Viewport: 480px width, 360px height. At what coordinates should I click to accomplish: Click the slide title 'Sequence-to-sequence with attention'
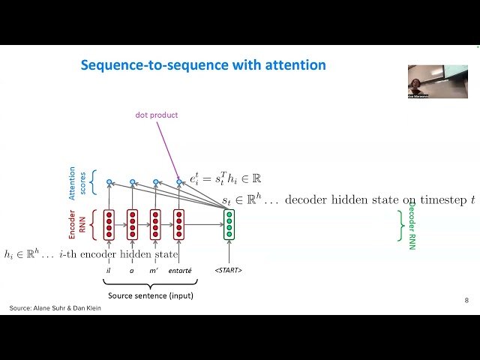[203, 65]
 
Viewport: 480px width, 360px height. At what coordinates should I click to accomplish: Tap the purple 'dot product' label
[157, 115]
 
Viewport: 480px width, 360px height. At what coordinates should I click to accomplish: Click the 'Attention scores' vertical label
[77, 182]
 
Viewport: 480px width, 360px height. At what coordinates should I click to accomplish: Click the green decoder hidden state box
[229, 224]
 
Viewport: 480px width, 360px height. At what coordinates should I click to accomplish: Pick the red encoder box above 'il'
[109, 224]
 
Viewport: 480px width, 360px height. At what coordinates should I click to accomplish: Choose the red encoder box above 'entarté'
[179, 224]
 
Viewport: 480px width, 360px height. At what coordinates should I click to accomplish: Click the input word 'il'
[109, 269]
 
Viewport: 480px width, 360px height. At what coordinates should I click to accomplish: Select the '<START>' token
[229, 269]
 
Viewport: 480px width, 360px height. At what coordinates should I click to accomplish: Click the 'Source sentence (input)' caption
[150, 295]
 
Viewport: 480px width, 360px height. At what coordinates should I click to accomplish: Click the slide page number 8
[466, 300]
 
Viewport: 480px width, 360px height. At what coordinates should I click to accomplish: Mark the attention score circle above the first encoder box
[109, 181]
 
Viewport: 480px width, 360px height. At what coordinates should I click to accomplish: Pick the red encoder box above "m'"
[155, 224]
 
